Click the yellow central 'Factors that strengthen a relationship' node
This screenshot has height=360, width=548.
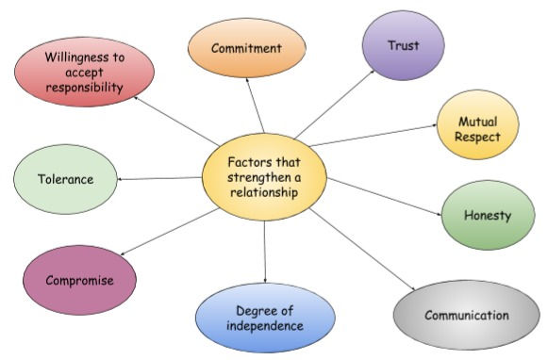264,176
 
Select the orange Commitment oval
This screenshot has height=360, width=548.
246,47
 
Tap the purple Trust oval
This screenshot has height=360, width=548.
404,46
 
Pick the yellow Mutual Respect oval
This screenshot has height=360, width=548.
477,129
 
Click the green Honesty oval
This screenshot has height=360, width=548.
487,215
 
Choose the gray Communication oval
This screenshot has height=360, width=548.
466,315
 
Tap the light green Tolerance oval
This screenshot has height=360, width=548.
65,178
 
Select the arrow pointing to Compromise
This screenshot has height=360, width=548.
170,231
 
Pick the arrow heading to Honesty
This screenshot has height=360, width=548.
385,197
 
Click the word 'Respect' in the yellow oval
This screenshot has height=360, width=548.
477,138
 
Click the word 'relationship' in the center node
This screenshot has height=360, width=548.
264,192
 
